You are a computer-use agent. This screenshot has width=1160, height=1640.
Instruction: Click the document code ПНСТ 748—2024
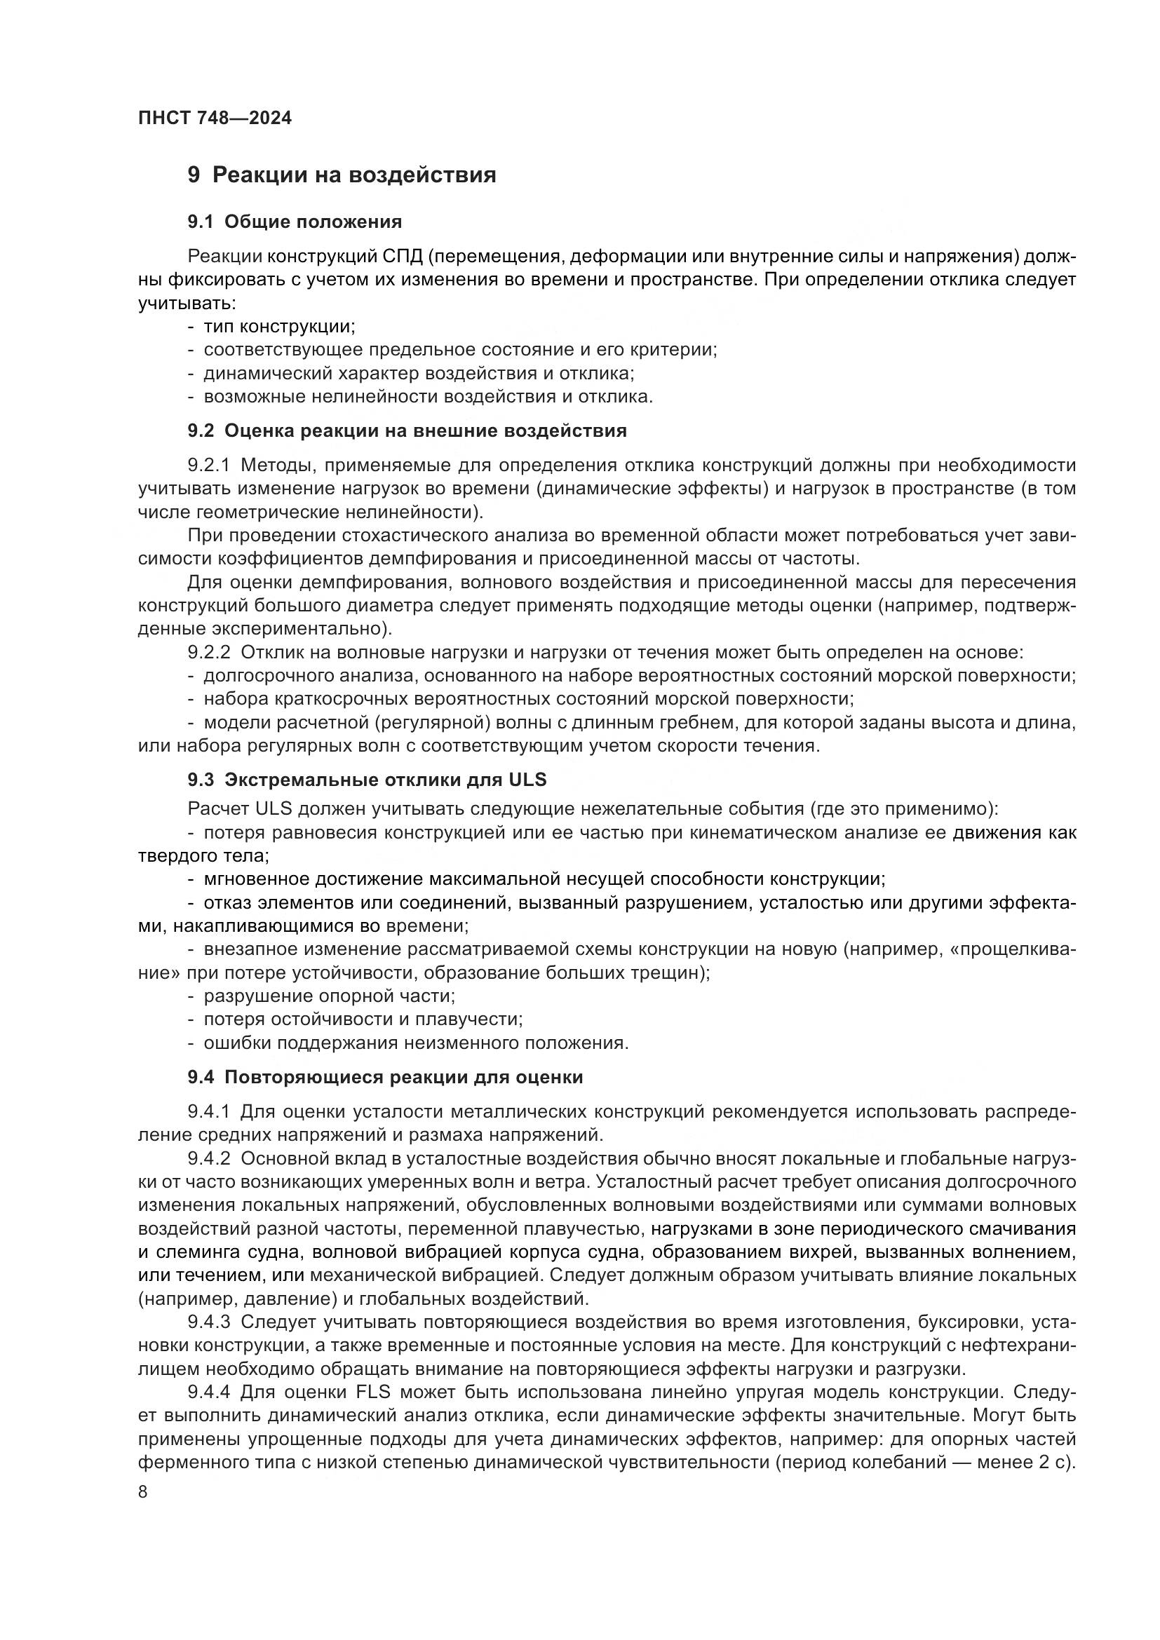pyautogui.click(x=215, y=118)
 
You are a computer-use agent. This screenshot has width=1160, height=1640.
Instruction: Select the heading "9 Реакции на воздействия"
pyautogui.click(x=342, y=175)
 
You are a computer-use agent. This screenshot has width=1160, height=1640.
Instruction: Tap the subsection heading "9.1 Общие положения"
pyautogui.click(x=295, y=222)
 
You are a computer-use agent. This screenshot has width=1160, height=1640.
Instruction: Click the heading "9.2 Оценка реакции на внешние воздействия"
pyautogui.click(x=407, y=431)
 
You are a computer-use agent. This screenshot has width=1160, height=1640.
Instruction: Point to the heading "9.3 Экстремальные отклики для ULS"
pyautogui.click(x=367, y=779)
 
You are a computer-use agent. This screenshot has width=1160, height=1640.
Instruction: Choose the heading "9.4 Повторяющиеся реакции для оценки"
pyautogui.click(x=385, y=1077)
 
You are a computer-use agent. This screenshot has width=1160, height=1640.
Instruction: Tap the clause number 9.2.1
pyautogui.click(x=208, y=466)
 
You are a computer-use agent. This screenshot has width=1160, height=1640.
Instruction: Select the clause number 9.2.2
pyautogui.click(x=208, y=652)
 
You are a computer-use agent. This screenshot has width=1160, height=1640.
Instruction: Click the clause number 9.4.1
pyautogui.click(x=208, y=1111)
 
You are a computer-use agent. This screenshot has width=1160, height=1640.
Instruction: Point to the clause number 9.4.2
pyautogui.click(x=208, y=1158)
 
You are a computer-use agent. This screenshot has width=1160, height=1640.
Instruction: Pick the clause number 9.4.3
pyautogui.click(x=208, y=1322)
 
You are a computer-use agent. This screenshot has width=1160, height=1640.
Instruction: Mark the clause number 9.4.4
pyautogui.click(x=208, y=1392)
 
